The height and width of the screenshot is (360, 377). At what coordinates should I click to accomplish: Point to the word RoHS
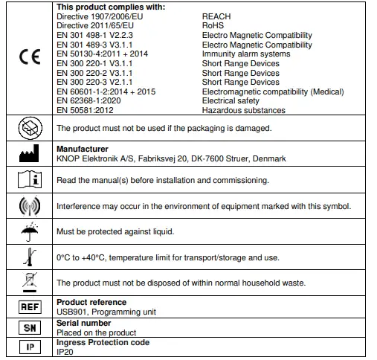coord(213,25)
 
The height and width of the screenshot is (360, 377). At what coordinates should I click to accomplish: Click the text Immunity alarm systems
coord(246,54)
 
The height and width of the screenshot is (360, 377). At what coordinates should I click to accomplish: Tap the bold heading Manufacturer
coord(82,150)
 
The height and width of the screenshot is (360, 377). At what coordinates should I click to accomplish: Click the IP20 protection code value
coord(65,352)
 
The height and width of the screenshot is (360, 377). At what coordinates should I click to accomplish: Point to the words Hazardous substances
coord(243,111)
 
